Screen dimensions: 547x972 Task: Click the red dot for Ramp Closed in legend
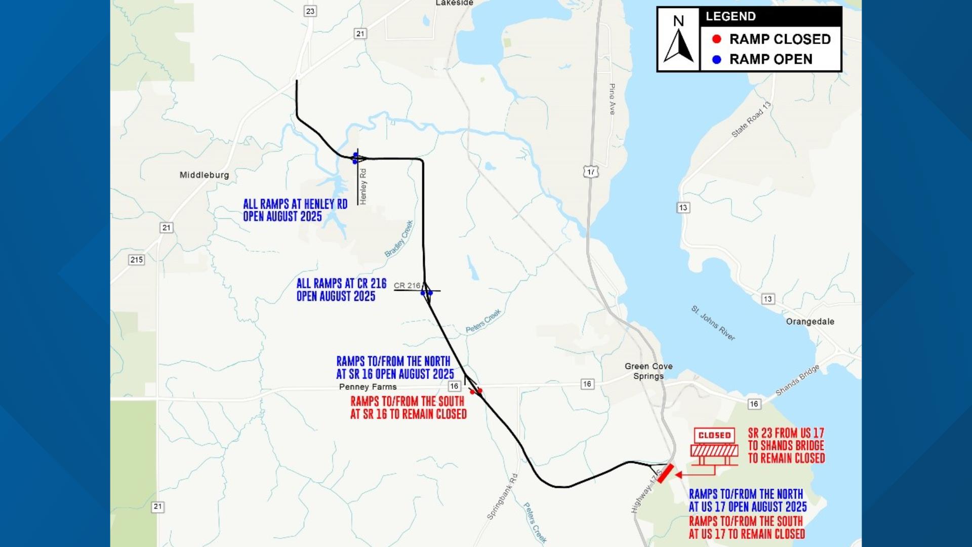[716, 39]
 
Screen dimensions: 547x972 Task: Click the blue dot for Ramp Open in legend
[716, 59]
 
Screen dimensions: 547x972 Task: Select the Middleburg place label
[204, 175]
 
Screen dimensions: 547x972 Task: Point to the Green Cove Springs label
[649, 371]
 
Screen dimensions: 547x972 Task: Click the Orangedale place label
[810, 321]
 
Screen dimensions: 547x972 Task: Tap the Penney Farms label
[368, 387]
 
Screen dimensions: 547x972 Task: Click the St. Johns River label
[713, 323]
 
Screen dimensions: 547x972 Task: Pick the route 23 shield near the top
[310, 11]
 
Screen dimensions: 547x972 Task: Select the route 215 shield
[137, 260]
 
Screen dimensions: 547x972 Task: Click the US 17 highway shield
[590, 172]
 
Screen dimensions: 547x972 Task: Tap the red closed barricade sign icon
[714, 446]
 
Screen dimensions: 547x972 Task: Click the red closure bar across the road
[665, 474]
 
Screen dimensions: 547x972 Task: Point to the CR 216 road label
[407, 286]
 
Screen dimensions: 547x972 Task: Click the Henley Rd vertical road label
[363, 186]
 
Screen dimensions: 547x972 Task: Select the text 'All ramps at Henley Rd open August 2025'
[295, 210]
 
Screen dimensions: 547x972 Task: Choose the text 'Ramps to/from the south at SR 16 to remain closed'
[408, 408]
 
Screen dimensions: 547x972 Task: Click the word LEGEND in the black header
[731, 16]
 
